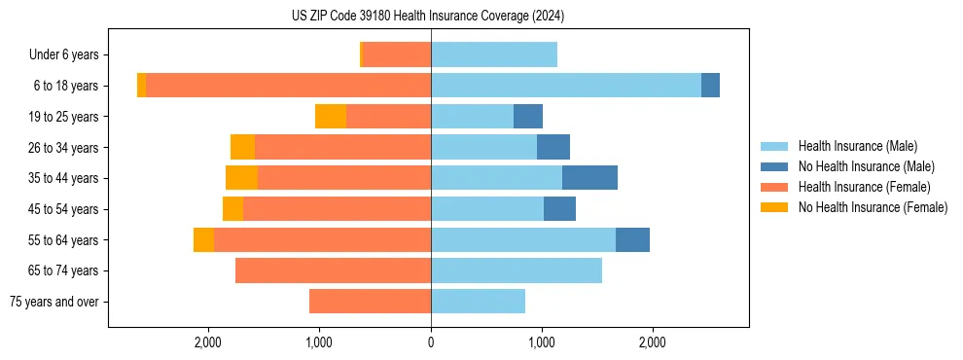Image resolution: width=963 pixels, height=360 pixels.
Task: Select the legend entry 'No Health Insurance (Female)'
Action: (873, 207)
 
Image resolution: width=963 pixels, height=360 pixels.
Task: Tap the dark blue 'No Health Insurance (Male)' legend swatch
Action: (775, 166)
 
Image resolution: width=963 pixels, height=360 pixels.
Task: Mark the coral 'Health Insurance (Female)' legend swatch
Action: (775, 187)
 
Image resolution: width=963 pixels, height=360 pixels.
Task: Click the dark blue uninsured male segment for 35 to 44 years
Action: (589, 178)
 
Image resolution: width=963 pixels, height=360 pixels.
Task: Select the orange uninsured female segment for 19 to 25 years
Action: (331, 117)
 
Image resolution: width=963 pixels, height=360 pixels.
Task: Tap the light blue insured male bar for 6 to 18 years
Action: (566, 86)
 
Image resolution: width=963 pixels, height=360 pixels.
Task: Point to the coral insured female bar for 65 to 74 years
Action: (333, 270)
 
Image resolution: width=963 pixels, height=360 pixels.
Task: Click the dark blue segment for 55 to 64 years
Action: (632, 239)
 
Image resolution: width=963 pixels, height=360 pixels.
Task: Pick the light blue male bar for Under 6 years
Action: (494, 55)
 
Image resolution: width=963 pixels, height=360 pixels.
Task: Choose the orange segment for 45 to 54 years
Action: (232, 209)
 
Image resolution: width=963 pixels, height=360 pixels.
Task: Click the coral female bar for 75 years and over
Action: (370, 302)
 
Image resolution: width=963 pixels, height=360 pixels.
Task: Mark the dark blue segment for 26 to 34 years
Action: (553, 147)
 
